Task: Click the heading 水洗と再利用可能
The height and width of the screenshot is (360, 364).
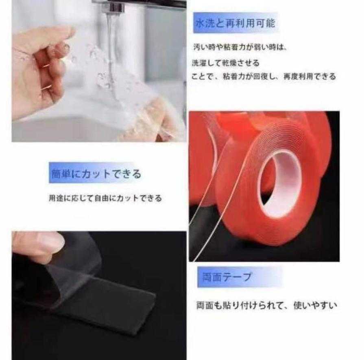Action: click(x=235, y=23)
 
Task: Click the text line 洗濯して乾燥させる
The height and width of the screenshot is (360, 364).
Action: click(x=225, y=64)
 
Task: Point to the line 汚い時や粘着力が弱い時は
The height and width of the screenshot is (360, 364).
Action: click(x=240, y=48)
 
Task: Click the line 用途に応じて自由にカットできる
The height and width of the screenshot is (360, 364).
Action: click(x=105, y=198)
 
